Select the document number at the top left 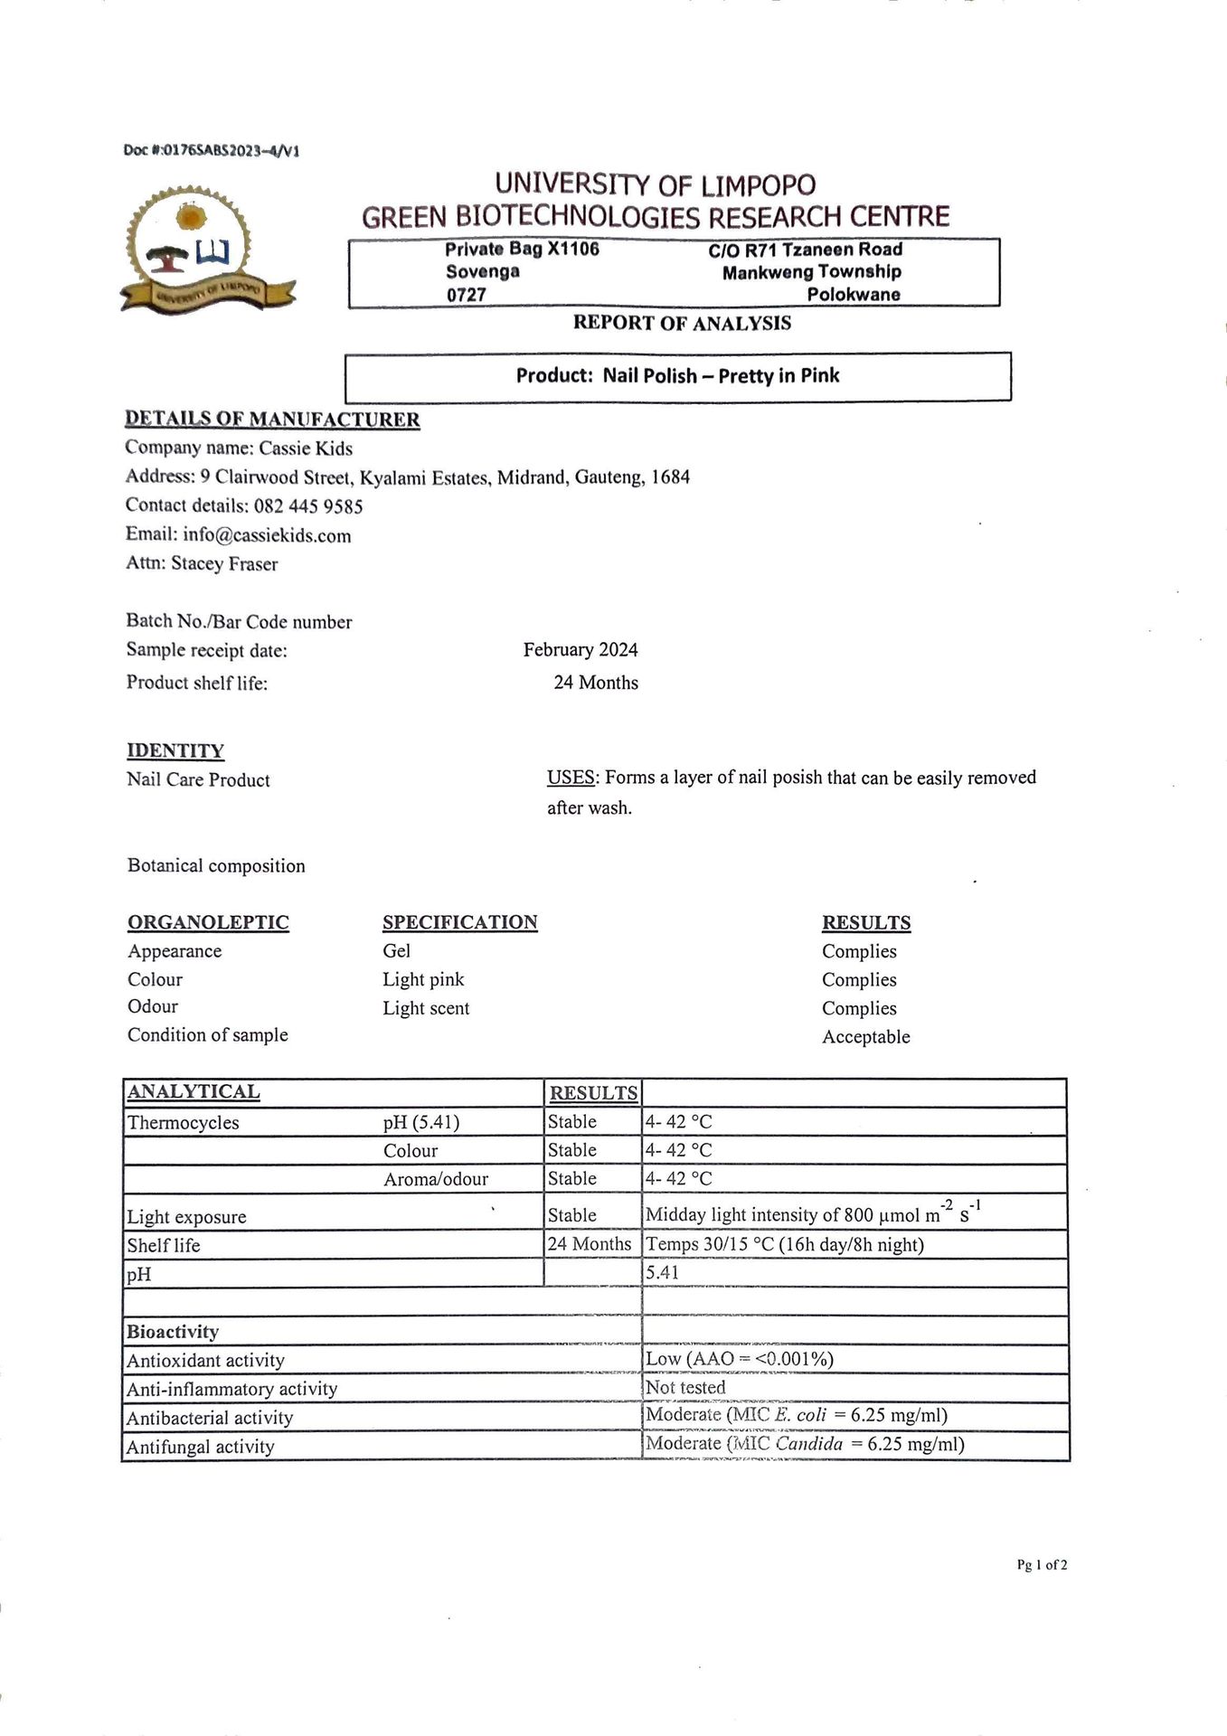211,150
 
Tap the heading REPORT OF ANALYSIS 682,324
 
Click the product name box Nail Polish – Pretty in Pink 677,376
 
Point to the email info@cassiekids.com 267,535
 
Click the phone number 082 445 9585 307,506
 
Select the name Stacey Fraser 224,564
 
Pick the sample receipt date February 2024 580,650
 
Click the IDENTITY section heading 175,750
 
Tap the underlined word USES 571,778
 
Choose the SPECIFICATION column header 459,922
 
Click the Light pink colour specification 423,979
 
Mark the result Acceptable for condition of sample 865,1037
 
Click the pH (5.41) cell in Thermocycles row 421,1123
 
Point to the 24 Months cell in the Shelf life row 590,1244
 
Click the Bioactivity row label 173,1332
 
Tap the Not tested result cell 685,1388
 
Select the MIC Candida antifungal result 805,1444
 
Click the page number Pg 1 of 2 1042,1565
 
